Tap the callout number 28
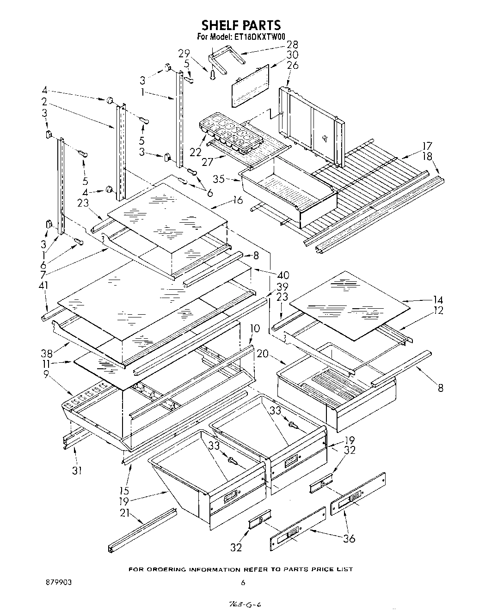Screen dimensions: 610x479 click(x=292, y=45)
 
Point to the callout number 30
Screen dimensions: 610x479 click(x=292, y=55)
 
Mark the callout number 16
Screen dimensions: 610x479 click(x=238, y=200)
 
